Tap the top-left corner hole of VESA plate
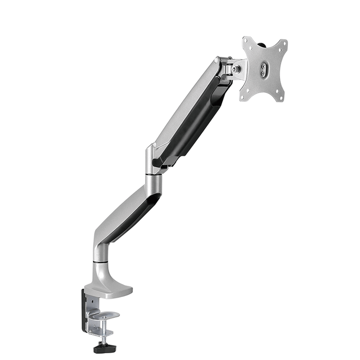[246, 41]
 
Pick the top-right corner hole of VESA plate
[283, 44]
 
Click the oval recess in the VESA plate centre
[263, 70]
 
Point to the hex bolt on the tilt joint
[237, 69]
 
